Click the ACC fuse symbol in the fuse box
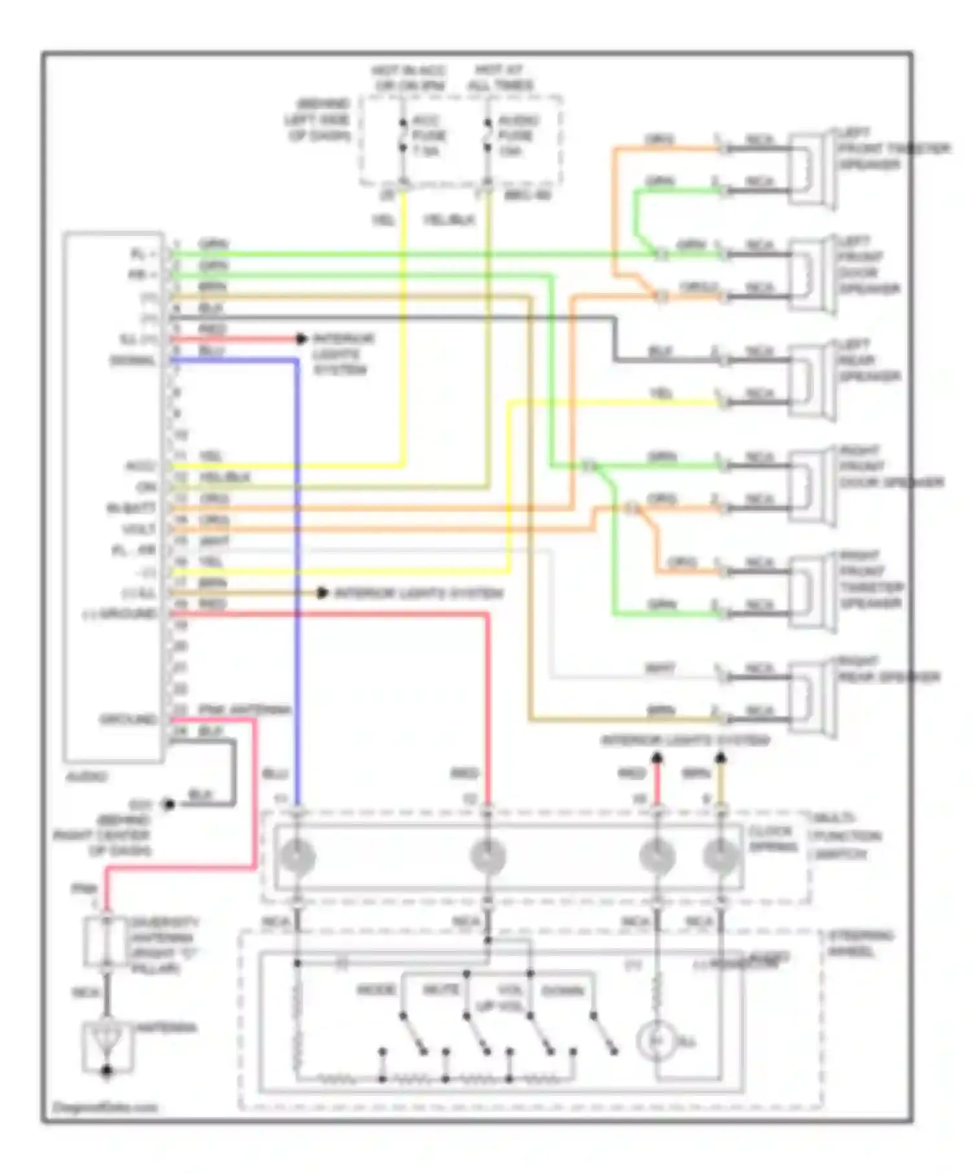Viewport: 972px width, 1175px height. pyautogui.click(x=402, y=137)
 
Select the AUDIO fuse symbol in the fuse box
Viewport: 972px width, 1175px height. pyautogui.click(x=487, y=137)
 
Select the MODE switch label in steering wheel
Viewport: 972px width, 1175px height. pyautogui.click(x=376, y=990)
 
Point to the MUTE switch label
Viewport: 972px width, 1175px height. pyautogui.click(x=441, y=990)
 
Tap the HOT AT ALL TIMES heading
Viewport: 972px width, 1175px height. pyautogui.click(x=504, y=77)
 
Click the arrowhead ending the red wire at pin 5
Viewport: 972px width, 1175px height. pyautogui.click(x=301, y=339)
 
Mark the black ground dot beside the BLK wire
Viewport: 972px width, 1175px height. pyautogui.click(x=168, y=804)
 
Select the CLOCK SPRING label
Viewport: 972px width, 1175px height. pyautogui.click(x=771, y=839)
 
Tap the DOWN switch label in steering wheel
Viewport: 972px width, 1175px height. pyautogui.click(x=562, y=991)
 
